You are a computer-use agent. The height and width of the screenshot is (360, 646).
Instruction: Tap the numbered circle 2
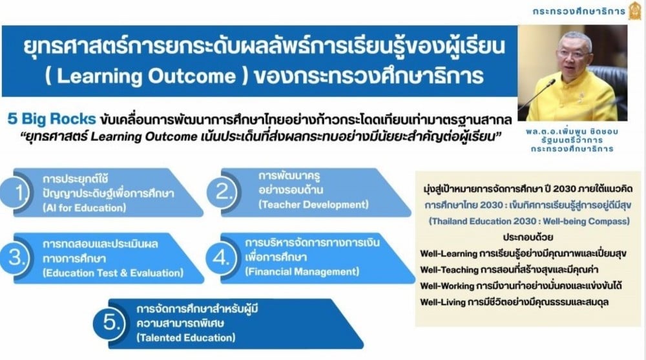[x=223, y=192]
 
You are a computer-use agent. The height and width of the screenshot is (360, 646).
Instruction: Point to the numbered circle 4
[x=221, y=258]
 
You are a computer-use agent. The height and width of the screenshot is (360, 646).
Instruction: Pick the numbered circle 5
[x=109, y=323]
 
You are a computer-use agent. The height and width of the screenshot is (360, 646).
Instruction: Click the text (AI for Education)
[x=85, y=208]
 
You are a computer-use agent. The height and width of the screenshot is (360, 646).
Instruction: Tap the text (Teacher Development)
[x=313, y=204]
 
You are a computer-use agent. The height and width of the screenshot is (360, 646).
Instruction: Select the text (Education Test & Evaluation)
[x=113, y=273]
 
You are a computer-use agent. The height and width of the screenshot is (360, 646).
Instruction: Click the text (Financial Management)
[x=302, y=271]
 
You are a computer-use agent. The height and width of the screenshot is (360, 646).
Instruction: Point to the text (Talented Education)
[x=186, y=338]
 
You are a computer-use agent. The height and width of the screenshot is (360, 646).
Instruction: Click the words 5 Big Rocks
[x=52, y=119]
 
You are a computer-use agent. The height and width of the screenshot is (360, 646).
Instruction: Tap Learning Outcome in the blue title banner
[x=146, y=76]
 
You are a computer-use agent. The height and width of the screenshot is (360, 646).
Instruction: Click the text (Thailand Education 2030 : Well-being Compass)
[x=530, y=222]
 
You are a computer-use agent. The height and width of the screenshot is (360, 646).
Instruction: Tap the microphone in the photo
[x=536, y=95]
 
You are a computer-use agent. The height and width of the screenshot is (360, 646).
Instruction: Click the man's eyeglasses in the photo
[x=570, y=54]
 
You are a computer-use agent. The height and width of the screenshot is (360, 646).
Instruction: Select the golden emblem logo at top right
[x=635, y=10]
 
